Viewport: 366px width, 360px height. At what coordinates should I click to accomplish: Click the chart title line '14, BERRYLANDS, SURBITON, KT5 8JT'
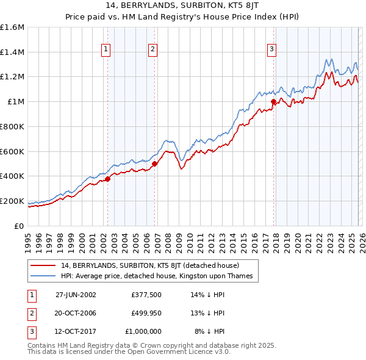pos(182,7)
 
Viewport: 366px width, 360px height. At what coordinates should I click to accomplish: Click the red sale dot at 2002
pos(107,179)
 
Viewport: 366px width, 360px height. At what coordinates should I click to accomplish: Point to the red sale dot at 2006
pos(154,164)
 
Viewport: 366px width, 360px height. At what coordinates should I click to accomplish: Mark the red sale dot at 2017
pos(273,102)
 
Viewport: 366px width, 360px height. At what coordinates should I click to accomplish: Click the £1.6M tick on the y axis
pos(12,27)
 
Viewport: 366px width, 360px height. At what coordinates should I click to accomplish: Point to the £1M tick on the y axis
pos(15,102)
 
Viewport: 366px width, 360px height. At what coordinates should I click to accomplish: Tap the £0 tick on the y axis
pos(20,226)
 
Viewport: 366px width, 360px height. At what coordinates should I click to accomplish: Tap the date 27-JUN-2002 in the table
pos(76,294)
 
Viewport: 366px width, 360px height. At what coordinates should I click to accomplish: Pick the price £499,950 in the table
pos(146,313)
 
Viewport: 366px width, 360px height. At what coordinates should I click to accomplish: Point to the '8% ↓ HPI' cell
pos(210,332)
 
